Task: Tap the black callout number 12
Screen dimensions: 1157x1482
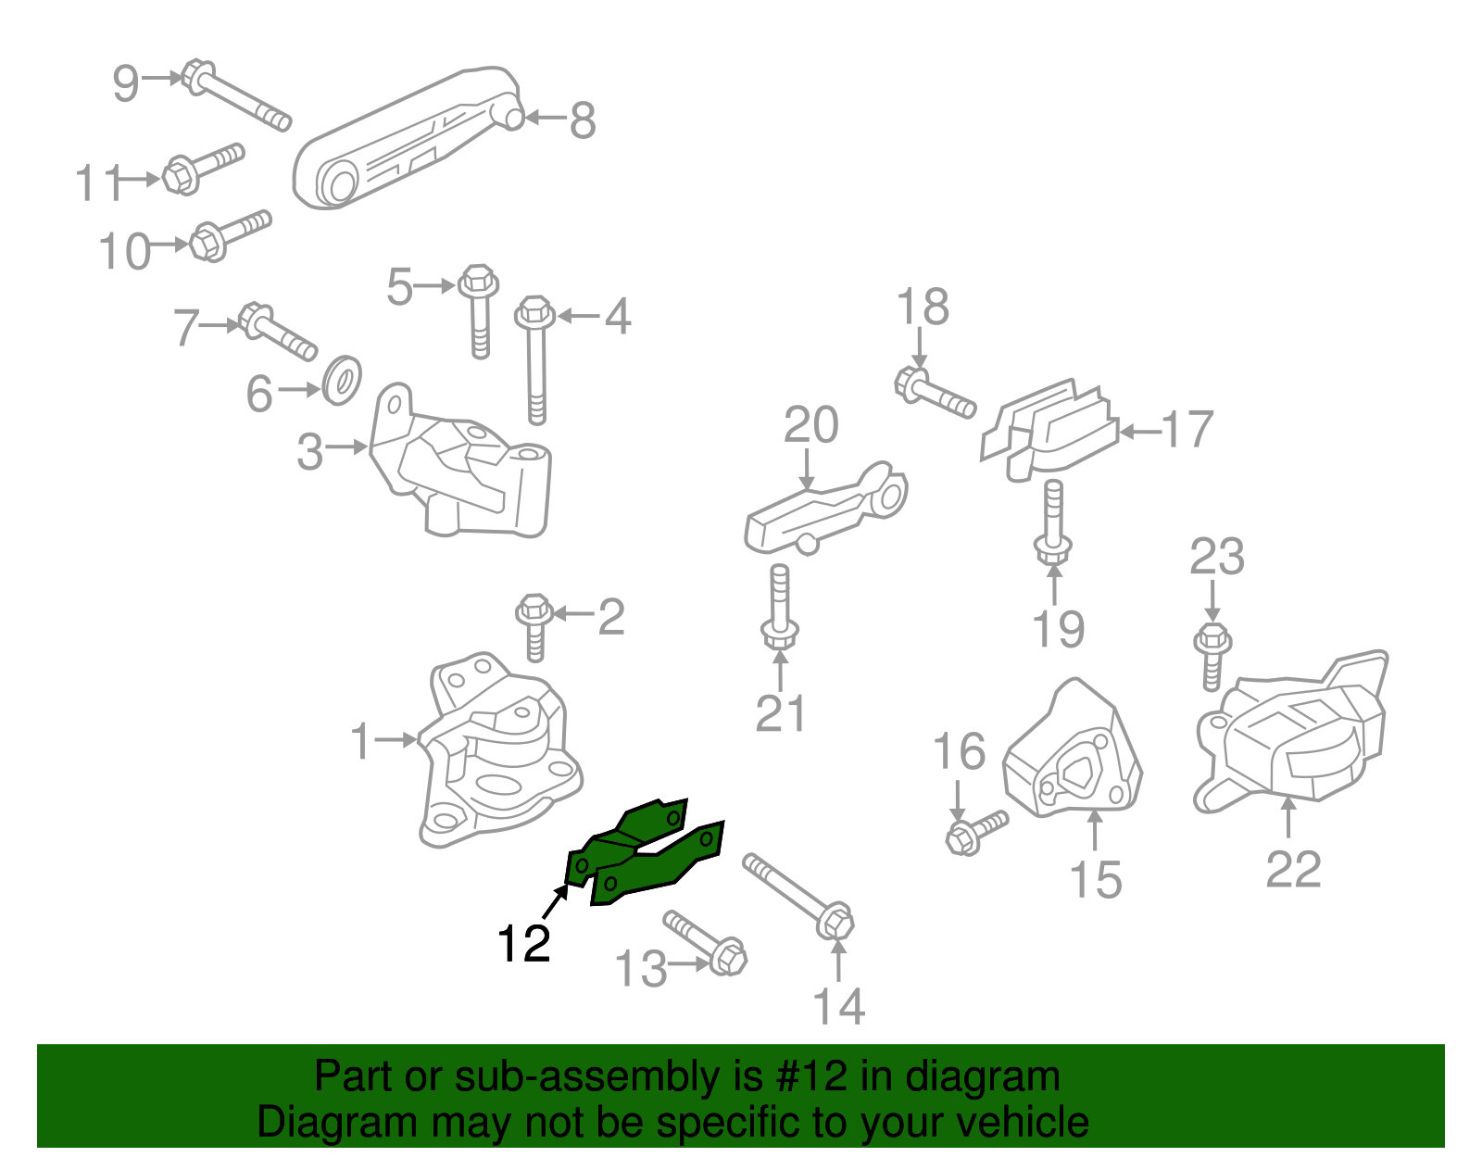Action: click(x=523, y=944)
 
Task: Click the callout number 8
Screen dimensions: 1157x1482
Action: click(x=582, y=120)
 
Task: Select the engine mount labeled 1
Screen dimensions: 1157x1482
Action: click(x=496, y=755)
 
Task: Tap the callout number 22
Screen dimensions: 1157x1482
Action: click(x=1293, y=869)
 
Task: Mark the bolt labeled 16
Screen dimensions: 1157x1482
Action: click(x=975, y=832)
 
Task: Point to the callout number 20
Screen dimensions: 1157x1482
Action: click(x=810, y=425)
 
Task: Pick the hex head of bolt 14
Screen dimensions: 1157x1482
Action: click(x=835, y=921)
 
